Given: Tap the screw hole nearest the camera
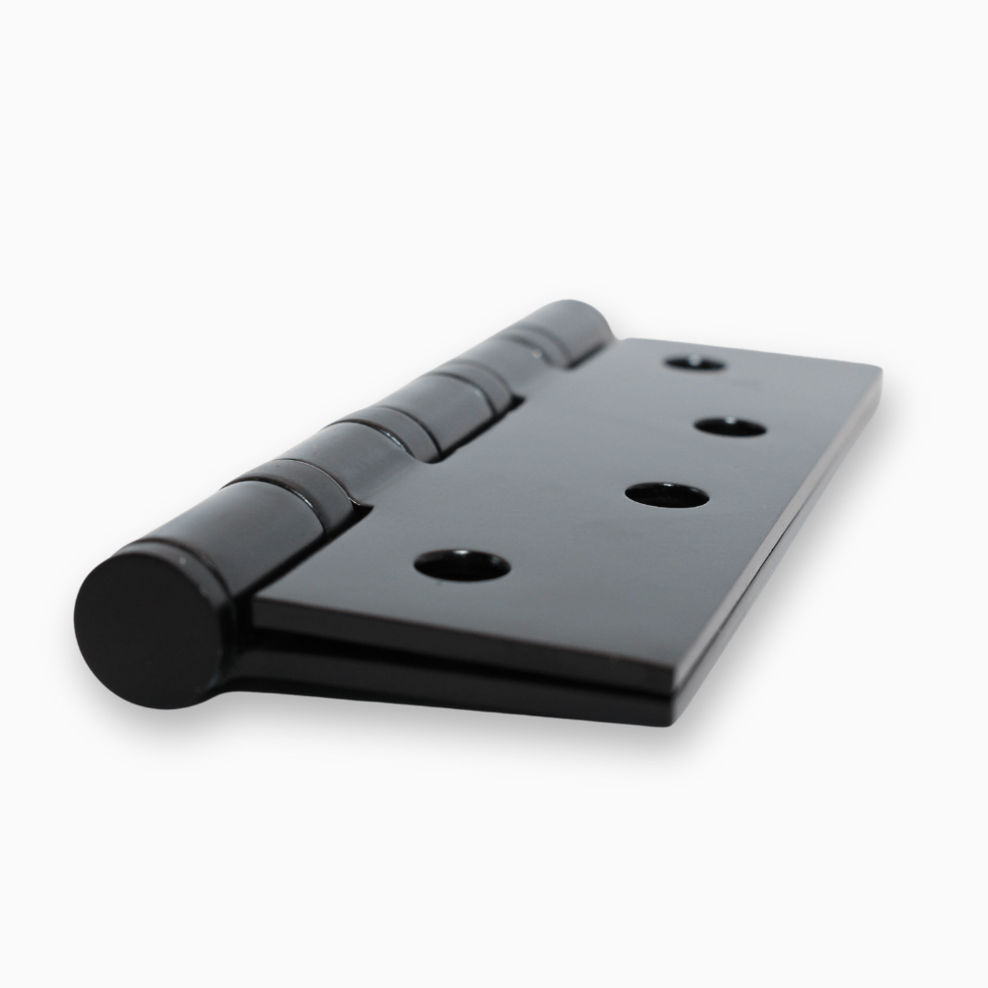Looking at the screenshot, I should click(461, 565).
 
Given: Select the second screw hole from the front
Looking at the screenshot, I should click(667, 495).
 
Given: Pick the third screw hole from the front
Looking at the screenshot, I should click(729, 426).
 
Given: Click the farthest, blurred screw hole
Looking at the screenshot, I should click(695, 363).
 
